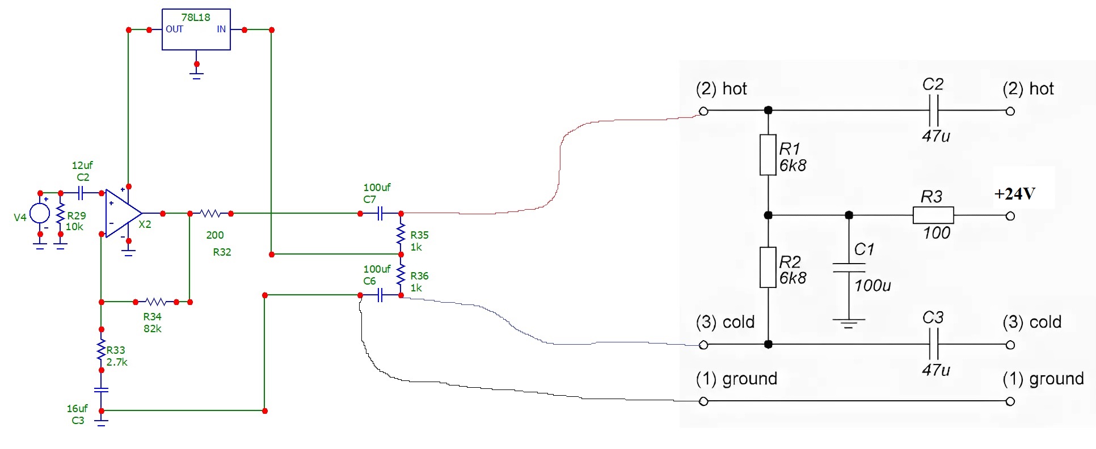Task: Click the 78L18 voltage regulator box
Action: [x=196, y=29]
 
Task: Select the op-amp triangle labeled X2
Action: [x=122, y=213]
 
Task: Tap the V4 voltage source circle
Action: [x=40, y=213]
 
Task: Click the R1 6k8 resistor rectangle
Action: [x=768, y=154]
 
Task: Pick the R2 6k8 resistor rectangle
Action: [x=768, y=267]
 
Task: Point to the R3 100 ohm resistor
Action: [x=933, y=215]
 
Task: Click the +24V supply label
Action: [x=1015, y=194]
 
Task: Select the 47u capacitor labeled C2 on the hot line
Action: [x=933, y=111]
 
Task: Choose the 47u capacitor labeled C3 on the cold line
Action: [x=933, y=344]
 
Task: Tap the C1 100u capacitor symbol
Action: [x=849, y=267]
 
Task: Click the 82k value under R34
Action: [x=152, y=329]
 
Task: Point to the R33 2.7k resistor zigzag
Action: [x=102, y=350]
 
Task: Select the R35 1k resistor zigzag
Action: [x=401, y=234]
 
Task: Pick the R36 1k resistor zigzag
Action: [x=401, y=275]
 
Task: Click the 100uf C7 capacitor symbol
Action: [x=380, y=214]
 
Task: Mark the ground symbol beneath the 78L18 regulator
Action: [x=196, y=73]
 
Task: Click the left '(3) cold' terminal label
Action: [x=725, y=322]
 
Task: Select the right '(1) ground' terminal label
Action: [x=1043, y=379]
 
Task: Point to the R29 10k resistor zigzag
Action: [x=60, y=215]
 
